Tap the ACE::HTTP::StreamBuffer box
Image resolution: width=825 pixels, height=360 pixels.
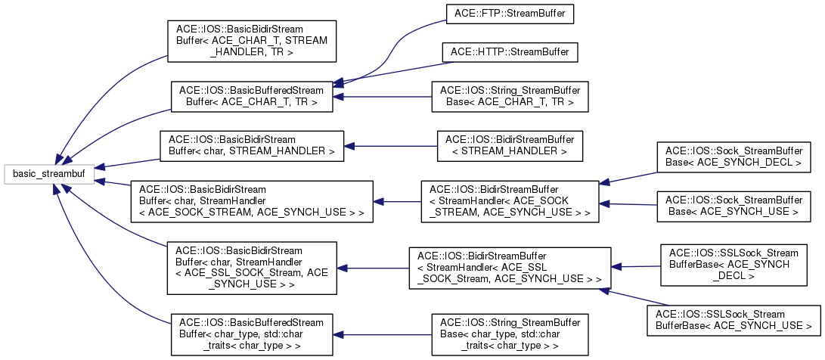tap(510, 51)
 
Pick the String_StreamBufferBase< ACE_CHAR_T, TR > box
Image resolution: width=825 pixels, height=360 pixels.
tap(510, 95)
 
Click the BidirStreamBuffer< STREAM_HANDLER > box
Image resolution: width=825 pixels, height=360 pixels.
tap(510, 145)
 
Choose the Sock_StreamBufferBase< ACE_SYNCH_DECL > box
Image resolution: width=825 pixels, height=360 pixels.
tap(732, 157)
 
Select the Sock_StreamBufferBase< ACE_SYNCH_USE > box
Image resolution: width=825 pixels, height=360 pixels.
tap(732, 206)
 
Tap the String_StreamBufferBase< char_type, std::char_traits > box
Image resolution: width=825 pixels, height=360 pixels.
tap(510, 334)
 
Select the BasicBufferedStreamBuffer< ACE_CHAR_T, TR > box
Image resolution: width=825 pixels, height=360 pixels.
tap(252, 95)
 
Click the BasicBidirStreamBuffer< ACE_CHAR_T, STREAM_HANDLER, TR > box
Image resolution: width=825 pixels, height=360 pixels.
tap(252, 41)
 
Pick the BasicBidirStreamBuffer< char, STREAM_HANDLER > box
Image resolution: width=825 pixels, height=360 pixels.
tap(252, 145)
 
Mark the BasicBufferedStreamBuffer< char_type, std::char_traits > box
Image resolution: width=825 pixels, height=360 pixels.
tap(252, 334)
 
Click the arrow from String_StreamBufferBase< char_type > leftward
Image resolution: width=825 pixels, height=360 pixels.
tap(382, 334)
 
